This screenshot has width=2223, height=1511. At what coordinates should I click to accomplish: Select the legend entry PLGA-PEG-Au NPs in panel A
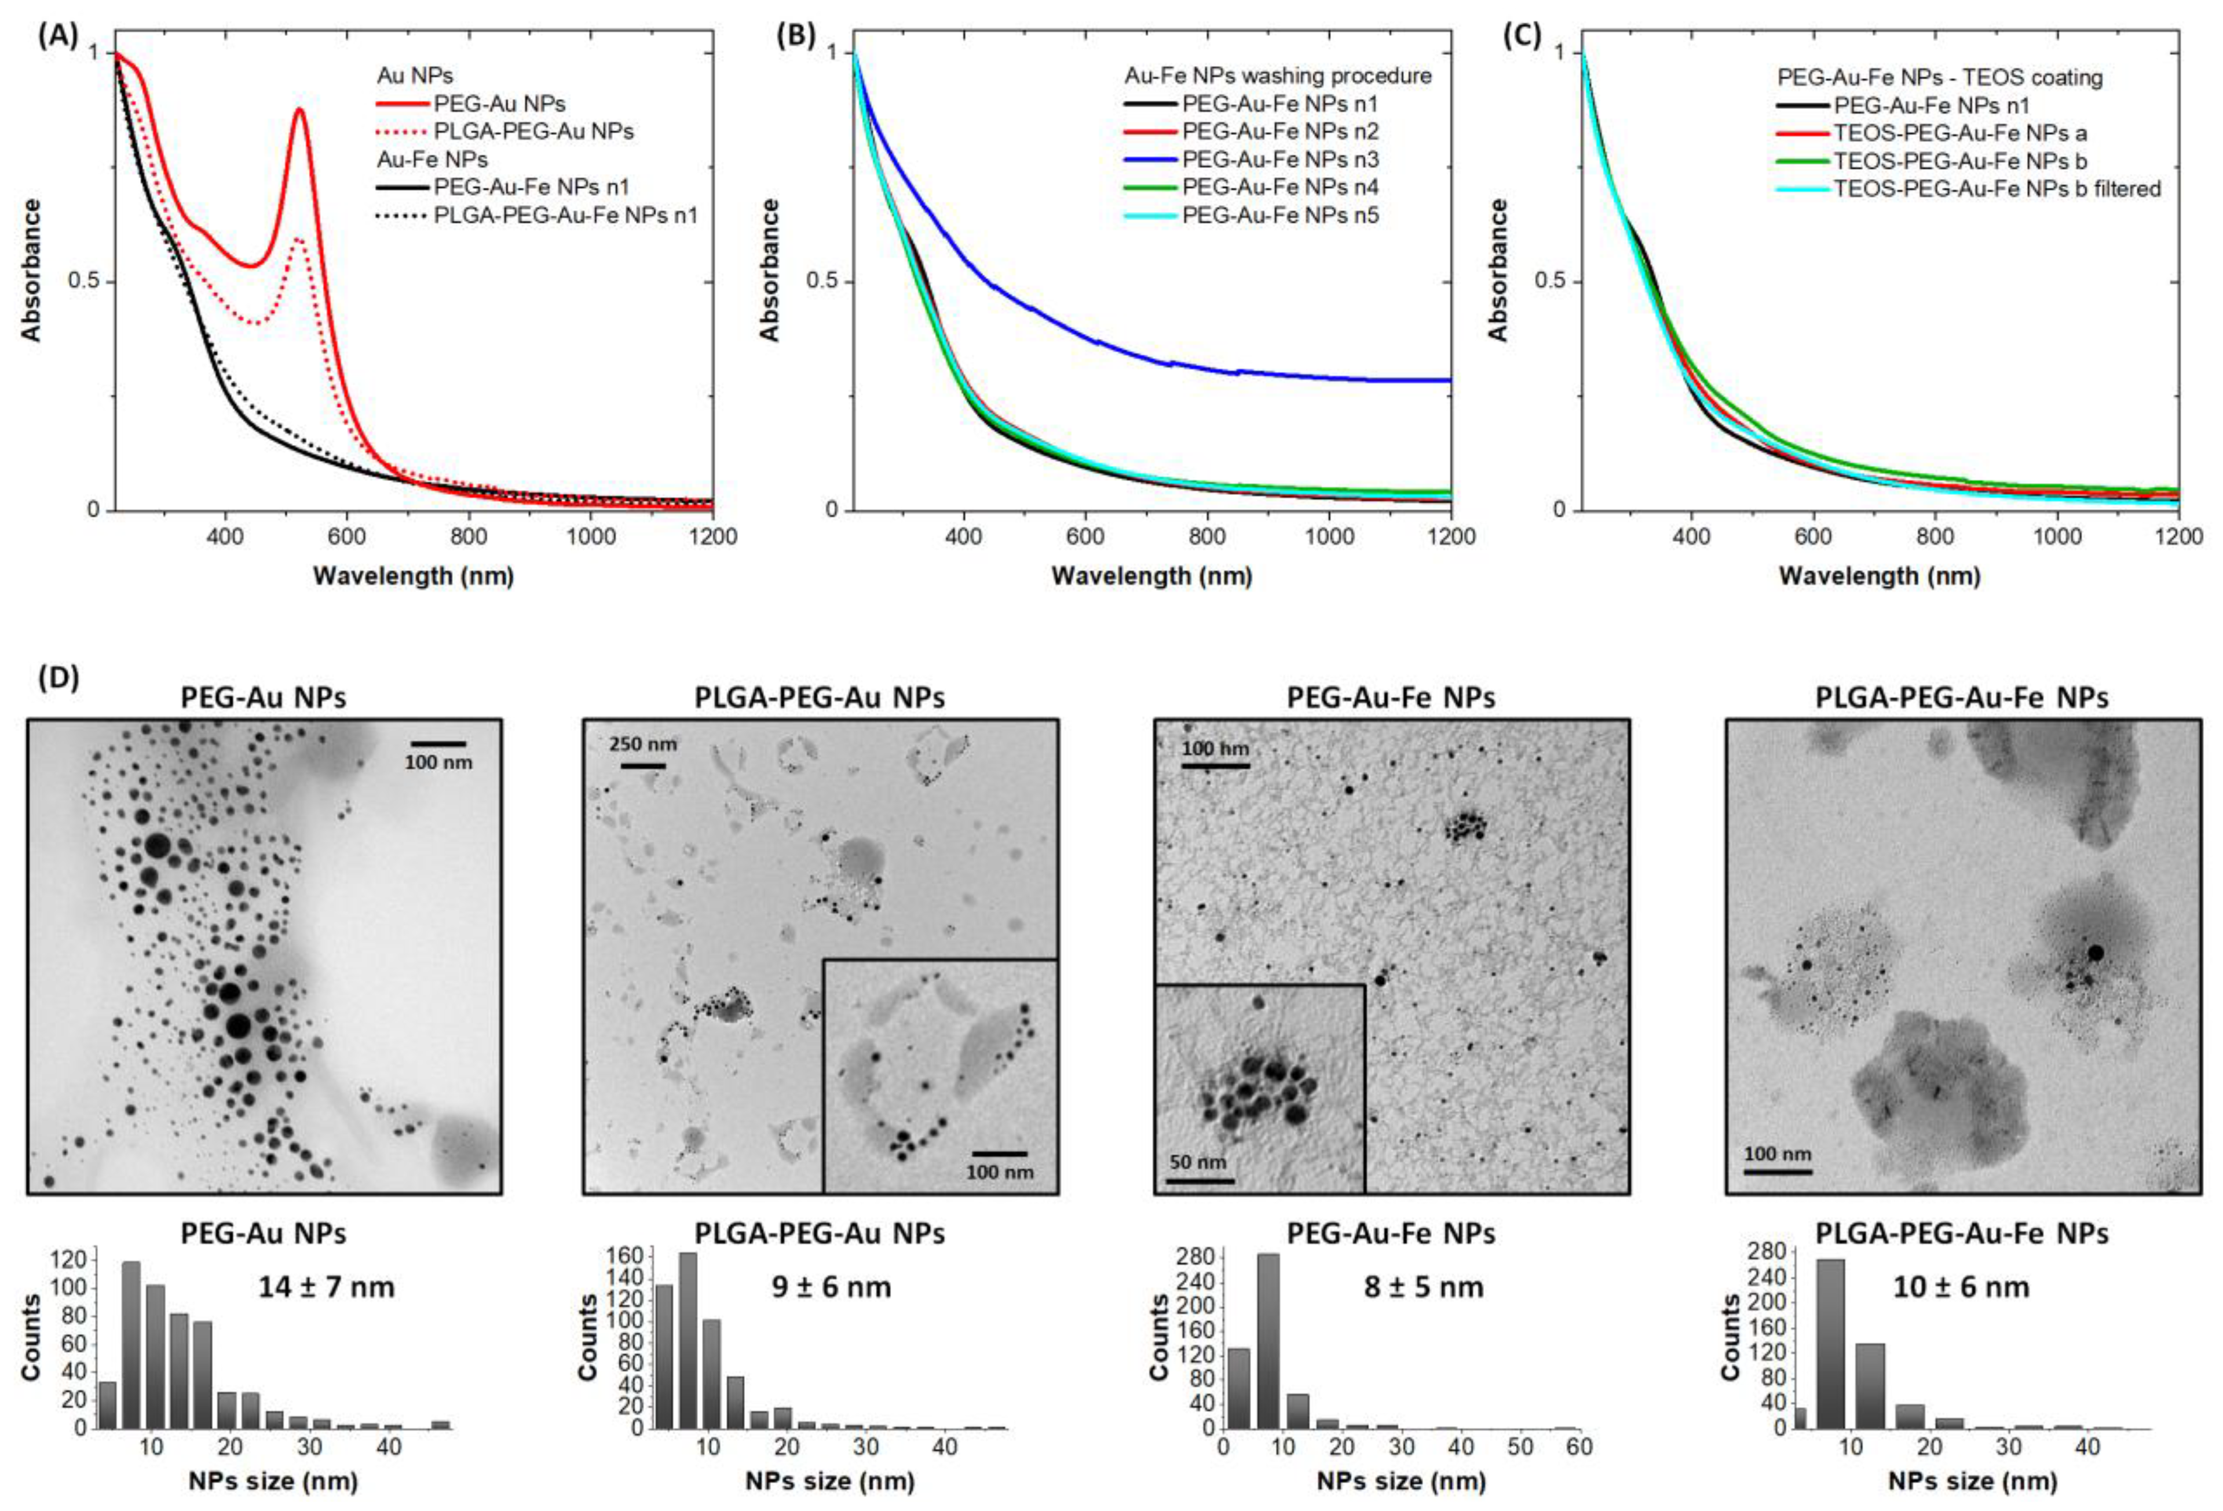(533, 131)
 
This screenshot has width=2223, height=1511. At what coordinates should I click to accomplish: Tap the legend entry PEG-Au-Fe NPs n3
(1280, 159)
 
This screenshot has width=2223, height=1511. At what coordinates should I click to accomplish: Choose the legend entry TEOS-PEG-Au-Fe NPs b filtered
(1997, 188)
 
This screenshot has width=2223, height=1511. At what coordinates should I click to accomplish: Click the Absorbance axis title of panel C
(1497, 270)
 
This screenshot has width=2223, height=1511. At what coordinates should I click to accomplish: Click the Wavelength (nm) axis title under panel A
(413, 576)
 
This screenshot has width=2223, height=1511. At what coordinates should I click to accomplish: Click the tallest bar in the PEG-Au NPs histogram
(131, 1345)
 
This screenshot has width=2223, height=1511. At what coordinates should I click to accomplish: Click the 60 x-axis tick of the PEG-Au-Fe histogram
(1579, 1447)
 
